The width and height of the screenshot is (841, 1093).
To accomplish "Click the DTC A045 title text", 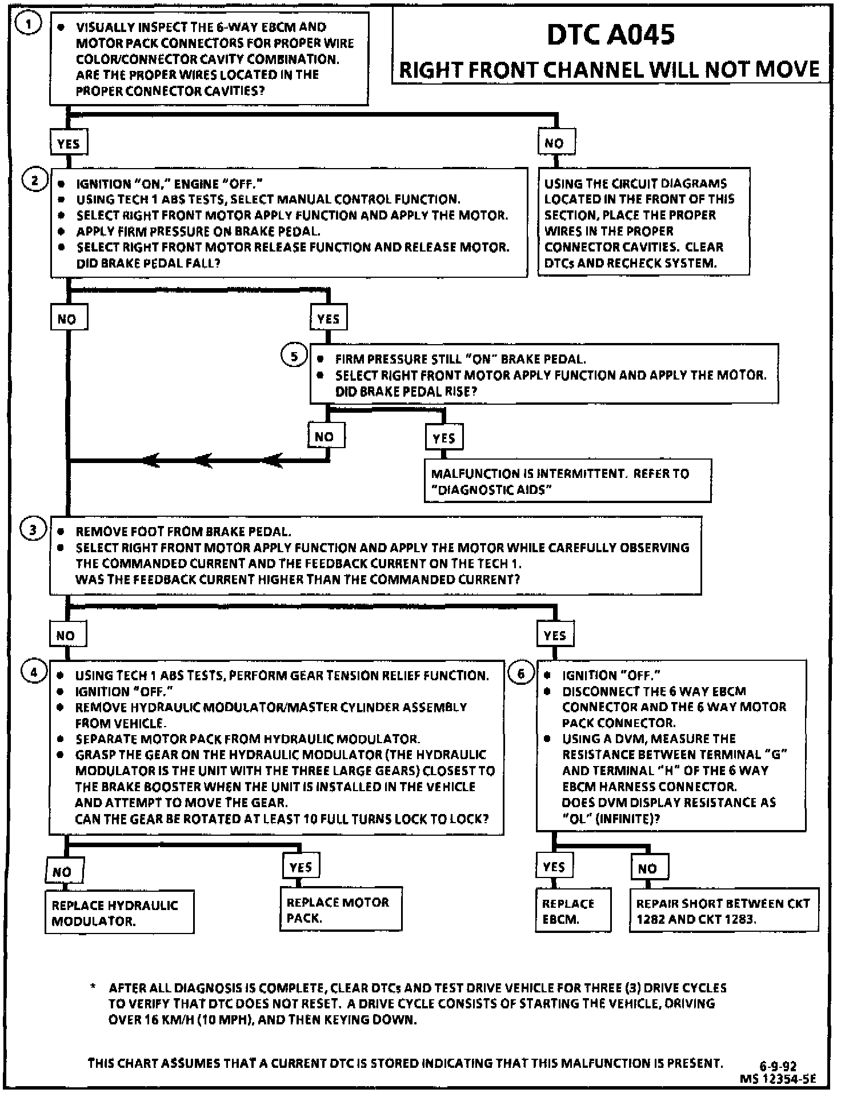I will tap(610, 35).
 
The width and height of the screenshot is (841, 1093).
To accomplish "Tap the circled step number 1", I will tap(28, 24).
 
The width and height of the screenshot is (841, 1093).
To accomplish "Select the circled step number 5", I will tap(294, 357).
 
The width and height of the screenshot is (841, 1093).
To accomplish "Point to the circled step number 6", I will tap(520, 673).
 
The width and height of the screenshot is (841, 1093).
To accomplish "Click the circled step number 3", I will tap(33, 530).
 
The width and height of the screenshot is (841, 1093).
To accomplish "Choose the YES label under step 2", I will tap(329, 318).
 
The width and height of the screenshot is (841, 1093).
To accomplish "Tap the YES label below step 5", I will tap(444, 438).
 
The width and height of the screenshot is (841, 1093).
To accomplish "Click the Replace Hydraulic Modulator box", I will tap(119, 913).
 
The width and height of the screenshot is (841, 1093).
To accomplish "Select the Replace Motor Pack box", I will tap(341, 909).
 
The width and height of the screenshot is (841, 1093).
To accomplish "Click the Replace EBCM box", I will tap(572, 911).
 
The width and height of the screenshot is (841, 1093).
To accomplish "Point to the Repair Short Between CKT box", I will tap(723, 911).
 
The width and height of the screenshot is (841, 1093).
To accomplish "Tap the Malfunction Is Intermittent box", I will tap(567, 481).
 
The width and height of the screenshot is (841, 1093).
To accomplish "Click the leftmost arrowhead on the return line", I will tap(151, 460).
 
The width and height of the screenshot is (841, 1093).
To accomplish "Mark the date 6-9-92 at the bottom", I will tap(778, 1066).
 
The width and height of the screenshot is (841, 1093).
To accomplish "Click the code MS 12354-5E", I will tap(778, 1079).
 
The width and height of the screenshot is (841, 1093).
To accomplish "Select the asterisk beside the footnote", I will tap(93, 987).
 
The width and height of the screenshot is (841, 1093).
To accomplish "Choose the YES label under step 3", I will tap(555, 635).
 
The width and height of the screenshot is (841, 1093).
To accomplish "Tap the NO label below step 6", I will tap(648, 868).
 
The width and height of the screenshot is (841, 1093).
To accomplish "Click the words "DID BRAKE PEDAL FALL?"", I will tap(148, 264).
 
